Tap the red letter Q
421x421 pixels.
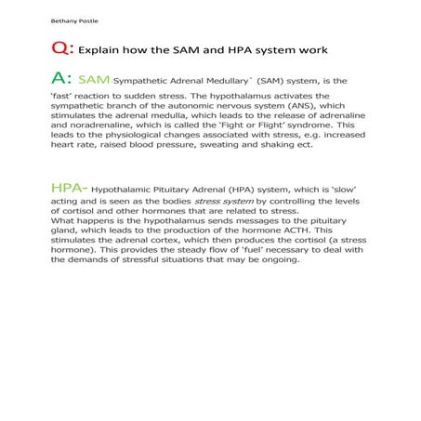coord(58,50)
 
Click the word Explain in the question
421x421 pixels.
coord(98,51)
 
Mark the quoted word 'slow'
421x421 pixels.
coord(339,189)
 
